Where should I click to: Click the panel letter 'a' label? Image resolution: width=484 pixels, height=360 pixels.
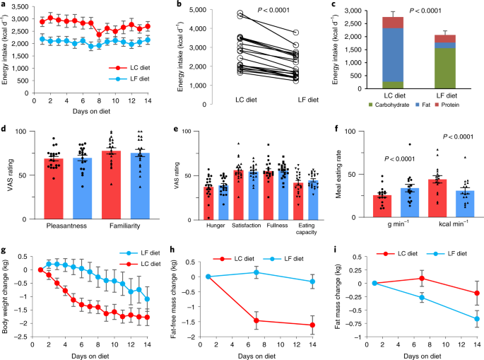(4, 5)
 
